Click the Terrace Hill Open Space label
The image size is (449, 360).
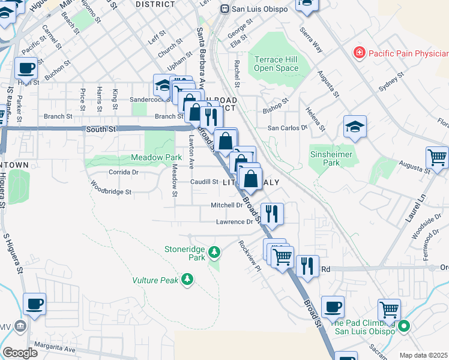coord(276,64)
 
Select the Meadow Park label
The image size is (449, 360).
coord(156,158)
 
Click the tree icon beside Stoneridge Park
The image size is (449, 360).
coord(214,251)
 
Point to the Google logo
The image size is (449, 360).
coord(20,353)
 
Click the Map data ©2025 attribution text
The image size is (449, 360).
coord(424,355)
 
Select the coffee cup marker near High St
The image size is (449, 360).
coord(27,68)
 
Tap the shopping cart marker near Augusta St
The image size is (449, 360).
coord(437,158)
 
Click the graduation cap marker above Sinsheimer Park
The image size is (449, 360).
coord(355,127)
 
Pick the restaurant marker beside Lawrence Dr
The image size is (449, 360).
coord(272,214)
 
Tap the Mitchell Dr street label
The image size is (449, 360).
coord(226,205)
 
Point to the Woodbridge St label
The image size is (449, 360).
coord(110,192)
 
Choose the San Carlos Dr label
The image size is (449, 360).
coord(287,128)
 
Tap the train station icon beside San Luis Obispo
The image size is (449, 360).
coord(224,9)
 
